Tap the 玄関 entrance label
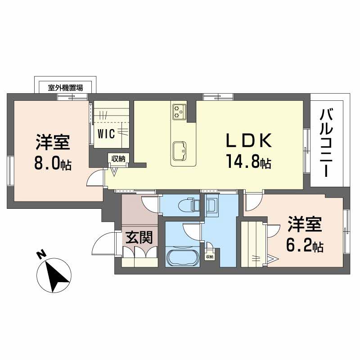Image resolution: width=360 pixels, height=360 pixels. coord(139,237)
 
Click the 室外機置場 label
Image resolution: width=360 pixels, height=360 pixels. coord(66,87)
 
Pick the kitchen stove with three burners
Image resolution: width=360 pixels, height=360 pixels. coord(179,111)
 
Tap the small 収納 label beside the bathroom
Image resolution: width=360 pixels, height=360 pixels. coord(209,257)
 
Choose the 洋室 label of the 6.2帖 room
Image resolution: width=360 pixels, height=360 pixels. coord(305,225)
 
